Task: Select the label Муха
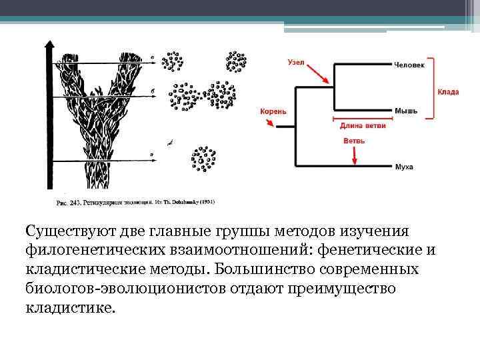(404, 166)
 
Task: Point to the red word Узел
(296, 63)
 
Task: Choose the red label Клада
(448, 91)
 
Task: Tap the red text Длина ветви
(363, 125)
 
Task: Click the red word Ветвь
(353, 141)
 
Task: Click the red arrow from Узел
(320, 73)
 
